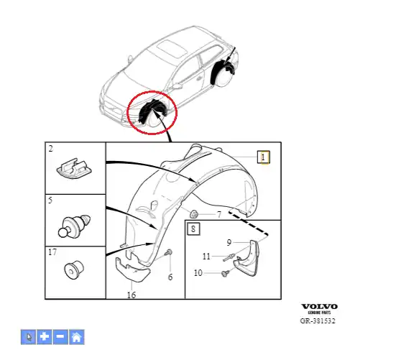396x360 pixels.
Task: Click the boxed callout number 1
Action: tap(264, 157)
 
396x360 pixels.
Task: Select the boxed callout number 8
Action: tap(193, 229)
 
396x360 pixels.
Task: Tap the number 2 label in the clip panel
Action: tap(51, 149)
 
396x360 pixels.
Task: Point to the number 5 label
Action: tap(50, 200)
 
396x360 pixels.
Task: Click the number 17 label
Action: tap(52, 252)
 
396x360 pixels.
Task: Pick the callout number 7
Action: tap(219, 215)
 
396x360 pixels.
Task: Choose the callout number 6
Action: tap(170, 277)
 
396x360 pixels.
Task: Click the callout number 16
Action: tap(132, 295)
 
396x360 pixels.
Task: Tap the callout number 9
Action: tap(229, 243)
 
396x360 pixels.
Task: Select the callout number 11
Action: tap(206, 257)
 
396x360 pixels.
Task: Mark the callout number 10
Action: tap(198, 272)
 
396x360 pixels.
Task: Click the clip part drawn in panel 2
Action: tap(74, 169)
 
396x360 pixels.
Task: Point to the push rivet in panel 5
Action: tap(74, 226)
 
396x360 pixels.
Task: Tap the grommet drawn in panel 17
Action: tap(74, 270)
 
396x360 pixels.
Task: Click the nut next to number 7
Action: tap(194, 214)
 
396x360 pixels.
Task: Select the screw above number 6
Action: tap(169, 252)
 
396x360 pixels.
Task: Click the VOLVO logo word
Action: tap(319, 307)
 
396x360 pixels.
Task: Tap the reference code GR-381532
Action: tap(318, 321)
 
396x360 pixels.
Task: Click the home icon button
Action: tap(76, 337)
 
